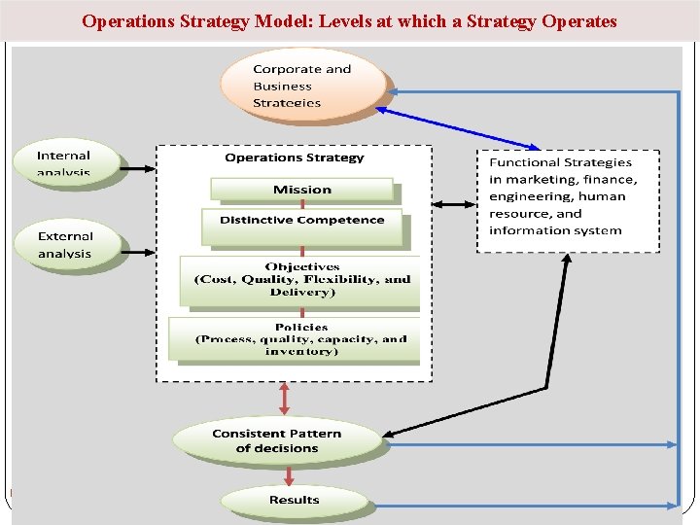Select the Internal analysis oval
(x=65, y=162)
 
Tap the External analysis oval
(x=65, y=244)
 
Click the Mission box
(x=301, y=190)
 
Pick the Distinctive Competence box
(x=301, y=221)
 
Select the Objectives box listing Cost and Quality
(x=301, y=279)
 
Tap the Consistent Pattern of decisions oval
(x=277, y=440)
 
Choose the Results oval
(x=294, y=500)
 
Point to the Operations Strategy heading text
(x=294, y=157)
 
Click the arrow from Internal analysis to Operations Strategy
(x=138, y=167)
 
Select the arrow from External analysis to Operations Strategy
(x=138, y=251)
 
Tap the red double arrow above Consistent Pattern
(x=286, y=399)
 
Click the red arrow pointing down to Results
(x=289, y=475)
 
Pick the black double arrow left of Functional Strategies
(x=453, y=204)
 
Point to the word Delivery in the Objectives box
(x=301, y=292)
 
